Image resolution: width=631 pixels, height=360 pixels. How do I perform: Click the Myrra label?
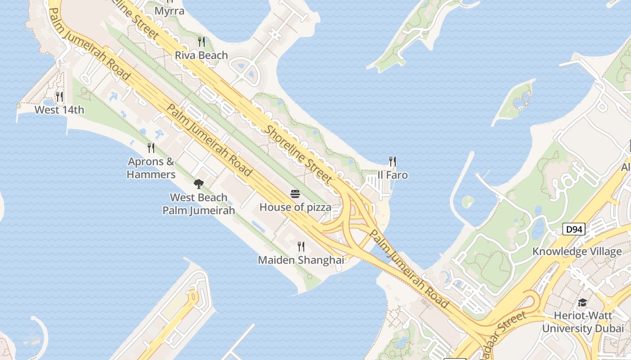pos(169,11)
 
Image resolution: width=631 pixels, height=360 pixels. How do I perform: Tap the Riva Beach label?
pos(201,55)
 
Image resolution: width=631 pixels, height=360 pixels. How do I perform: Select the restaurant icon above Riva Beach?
pos(201,42)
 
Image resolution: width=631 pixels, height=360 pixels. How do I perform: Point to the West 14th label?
pos(59,110)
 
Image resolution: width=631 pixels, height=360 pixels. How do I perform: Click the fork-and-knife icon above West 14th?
pos(59,96)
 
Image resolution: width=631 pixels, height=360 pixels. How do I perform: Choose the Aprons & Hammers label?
pos(151,168)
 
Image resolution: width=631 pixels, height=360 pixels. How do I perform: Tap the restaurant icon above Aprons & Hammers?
pos(151,148)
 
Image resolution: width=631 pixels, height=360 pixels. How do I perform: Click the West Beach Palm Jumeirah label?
pos(199,204)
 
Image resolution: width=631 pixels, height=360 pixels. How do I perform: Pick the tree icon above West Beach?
pos(198,184)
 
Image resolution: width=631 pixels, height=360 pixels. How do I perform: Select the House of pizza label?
pos(295,207)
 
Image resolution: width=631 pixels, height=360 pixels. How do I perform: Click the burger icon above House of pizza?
pos(295,194)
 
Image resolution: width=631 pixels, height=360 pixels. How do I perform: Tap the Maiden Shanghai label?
pos(301,260)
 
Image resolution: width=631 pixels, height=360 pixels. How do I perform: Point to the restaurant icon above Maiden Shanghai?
pos(301,246)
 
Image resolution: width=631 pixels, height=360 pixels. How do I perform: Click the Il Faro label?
pos(393,175)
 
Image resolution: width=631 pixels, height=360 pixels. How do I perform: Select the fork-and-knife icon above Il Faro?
pos(393,161)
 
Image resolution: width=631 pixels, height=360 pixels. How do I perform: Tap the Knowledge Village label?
pos(577,252)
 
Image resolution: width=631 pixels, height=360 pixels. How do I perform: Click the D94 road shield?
pos(574,229)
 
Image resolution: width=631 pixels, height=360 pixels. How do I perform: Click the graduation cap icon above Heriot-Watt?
pos(582,302)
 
